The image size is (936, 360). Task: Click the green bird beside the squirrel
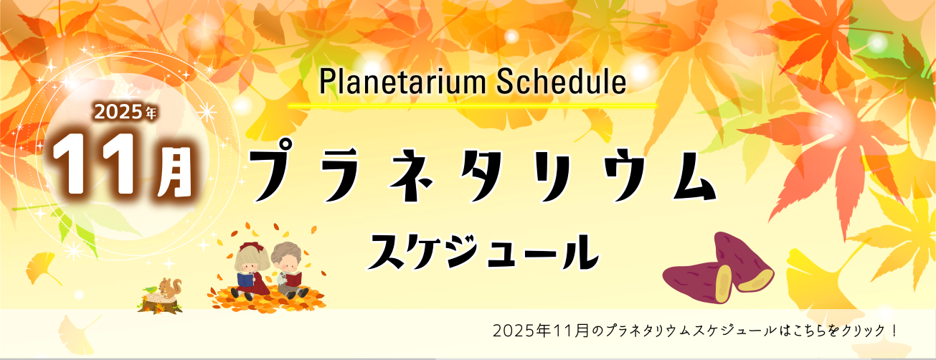pos(150,288)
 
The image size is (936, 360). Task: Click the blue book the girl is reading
pos(246,280)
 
